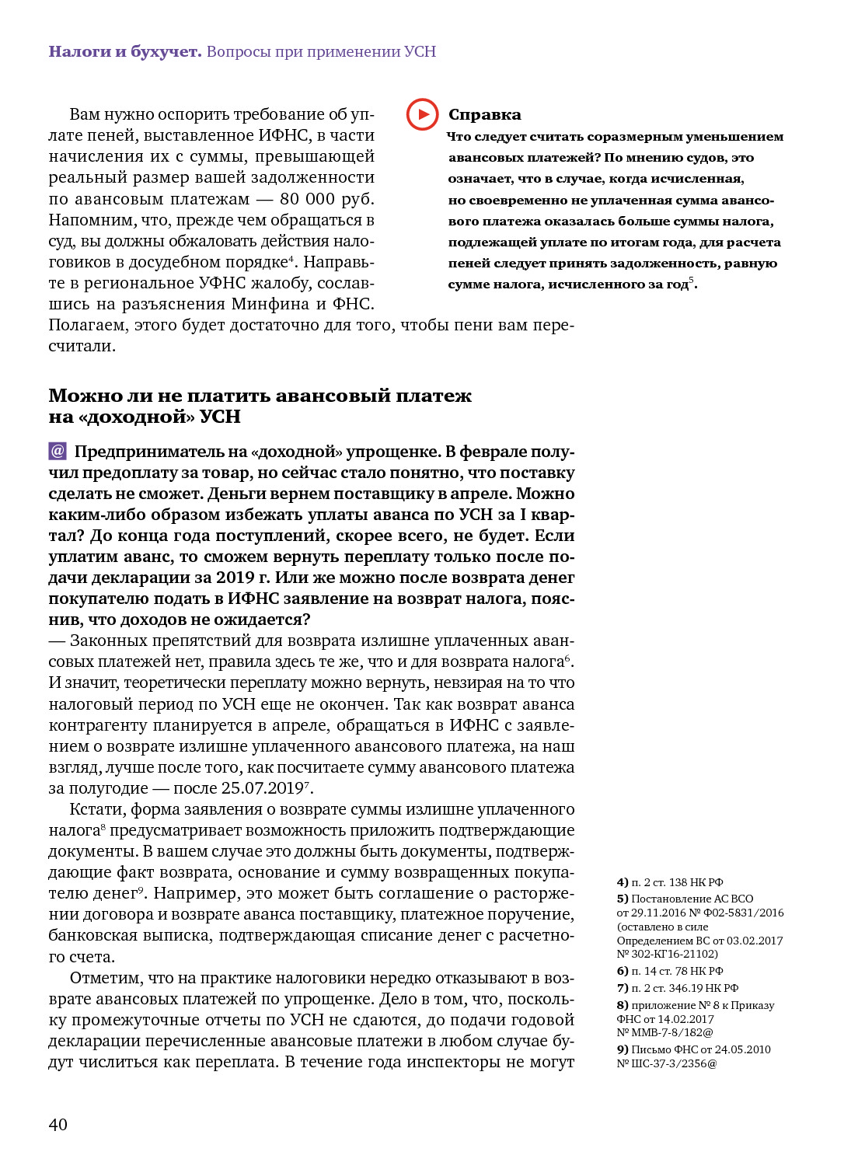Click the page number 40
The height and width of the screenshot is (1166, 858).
pos(58,1124)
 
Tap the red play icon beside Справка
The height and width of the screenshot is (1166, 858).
pos(422,114)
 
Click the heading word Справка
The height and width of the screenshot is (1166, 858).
pos(484,115)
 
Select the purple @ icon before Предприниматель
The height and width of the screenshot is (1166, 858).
pos(58,451)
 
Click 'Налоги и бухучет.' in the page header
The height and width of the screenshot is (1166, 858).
pos(124,51)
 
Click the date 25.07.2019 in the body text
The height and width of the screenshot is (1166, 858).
pos(262,788)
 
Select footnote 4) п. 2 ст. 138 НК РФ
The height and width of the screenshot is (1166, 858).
pos(670,882)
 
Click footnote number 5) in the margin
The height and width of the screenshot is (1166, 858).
pos(623,899)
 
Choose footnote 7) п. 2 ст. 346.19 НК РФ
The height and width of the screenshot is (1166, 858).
pos(677,988)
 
